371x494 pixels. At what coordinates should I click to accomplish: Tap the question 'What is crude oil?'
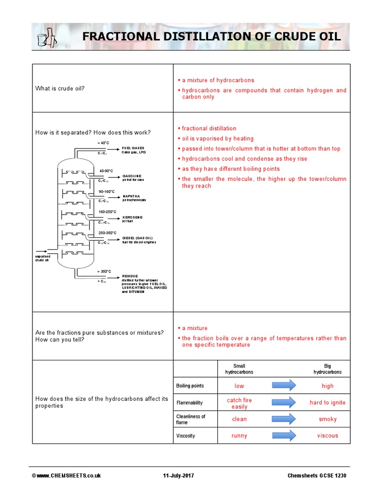pyautogui.click(x=60, y=88)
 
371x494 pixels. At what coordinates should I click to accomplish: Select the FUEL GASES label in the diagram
pyautogui.click(x=133, y=148)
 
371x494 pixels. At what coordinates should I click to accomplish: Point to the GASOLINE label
pyautogui.click(x=131, y=176)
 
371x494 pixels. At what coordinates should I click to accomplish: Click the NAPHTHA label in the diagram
pyautogui.click(x=131, y=196)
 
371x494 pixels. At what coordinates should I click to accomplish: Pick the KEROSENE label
pyautogui.click(x=132, y=217)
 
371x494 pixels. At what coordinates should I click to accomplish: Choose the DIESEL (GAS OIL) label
pyautogui.click(x=137, y=238)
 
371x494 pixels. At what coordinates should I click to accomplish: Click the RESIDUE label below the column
pyautogui.click(x=130, y=276)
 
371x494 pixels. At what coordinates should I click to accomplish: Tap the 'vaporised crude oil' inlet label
pyautogui.click(x=42, y=258)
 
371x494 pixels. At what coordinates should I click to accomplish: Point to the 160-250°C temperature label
pyautogui.click(x=108, y=211)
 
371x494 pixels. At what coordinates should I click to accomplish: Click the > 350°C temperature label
pyautogui.click(x=104, y=272)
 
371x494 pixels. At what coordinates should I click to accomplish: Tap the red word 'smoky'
pyautogui.click(x=328, y=419)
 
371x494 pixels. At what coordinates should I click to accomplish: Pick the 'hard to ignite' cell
pyautogui.click(x=328, y=402)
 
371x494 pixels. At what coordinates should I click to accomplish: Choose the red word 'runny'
pyautogui.click(x=239, y=436)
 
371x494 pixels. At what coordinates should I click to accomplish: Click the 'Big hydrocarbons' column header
pyautogui.click(x=327, y=369)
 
